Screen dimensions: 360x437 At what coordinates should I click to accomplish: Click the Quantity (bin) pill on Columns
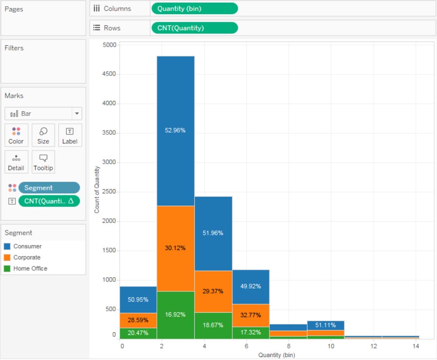[x=194, y=9]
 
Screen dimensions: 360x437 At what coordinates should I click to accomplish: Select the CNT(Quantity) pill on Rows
[x=194, y=28]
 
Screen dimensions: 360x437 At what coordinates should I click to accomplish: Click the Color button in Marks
[x=16, y=135]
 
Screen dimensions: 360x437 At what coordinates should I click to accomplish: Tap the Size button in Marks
[x=43, y=135]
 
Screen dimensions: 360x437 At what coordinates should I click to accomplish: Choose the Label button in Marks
[x=70, y=135]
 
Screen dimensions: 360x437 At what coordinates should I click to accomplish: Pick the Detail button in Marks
[x=16, y=162]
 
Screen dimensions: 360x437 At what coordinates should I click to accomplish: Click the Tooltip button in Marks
[x=43, y=162]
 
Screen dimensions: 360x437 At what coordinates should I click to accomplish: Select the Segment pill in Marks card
[x=49, y=188]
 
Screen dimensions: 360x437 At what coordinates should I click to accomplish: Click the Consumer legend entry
[x=27, y=246]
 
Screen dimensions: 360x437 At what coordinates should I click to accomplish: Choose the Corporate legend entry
[x=27, y=258]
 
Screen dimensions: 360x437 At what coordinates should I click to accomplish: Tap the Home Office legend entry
[x=30, y=269]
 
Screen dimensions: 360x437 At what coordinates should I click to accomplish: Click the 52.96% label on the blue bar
[x=175, y=131]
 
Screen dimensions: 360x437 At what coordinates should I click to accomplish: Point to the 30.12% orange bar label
[x=175, y=248]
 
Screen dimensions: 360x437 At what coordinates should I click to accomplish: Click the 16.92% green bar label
[x=175, y=315]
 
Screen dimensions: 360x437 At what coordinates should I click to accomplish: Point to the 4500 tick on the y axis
[x=109, y=74]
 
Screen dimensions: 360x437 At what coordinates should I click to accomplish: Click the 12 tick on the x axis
[x=374, y=346]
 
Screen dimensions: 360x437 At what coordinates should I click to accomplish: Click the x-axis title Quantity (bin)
[x=277, y=355]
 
